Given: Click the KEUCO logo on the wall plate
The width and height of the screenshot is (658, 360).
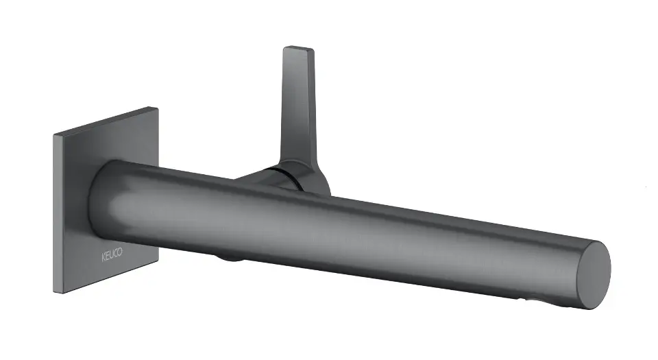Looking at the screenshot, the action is coord(112,254).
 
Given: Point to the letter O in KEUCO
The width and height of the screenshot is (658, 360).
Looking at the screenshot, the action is coord(120,252).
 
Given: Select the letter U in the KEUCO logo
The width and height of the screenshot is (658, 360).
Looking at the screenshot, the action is coord(112,254).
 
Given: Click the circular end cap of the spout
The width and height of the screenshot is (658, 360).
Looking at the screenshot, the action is coord(594,275).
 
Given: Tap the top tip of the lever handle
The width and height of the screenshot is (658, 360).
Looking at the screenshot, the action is coord(299,47).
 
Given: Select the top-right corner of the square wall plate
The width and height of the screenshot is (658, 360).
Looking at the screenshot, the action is coord(158,108).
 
